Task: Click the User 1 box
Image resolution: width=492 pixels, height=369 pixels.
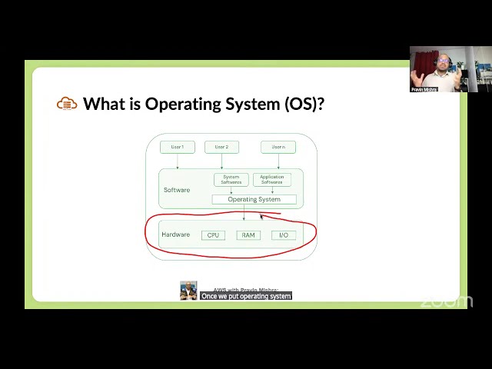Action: [x=177, y=147]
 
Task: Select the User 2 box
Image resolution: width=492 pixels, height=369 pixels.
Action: [x=221, y=147]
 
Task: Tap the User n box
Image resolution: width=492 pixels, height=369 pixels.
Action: [x=278, y=147]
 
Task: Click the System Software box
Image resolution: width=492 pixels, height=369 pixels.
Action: [x=231, y=180]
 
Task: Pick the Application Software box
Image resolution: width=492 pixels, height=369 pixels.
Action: [x=271, y=180]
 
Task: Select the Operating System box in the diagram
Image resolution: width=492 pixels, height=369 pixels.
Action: [x=254, y=199]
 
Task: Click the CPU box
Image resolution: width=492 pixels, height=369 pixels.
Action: [x=213, y=234]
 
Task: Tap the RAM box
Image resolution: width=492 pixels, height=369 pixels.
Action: [x=248, y=234]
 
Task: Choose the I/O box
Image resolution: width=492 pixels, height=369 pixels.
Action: [x=284, y=234]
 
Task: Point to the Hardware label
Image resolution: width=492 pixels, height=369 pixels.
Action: [x=175, y=234]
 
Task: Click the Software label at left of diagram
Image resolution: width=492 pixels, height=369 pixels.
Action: [x=176, y=190]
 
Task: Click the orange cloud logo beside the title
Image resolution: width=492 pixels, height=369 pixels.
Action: [x=67, y=104]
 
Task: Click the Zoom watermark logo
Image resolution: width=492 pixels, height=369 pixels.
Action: [x=447, y=301]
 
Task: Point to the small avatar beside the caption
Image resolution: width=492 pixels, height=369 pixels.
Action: [x=188, y=291]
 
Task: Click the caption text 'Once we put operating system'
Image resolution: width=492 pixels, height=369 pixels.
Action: [x=246, y=296]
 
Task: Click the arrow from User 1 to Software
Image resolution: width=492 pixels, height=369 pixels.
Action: [x=178, y=161]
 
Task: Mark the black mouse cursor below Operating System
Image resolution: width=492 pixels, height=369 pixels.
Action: [x=262, y=218]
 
